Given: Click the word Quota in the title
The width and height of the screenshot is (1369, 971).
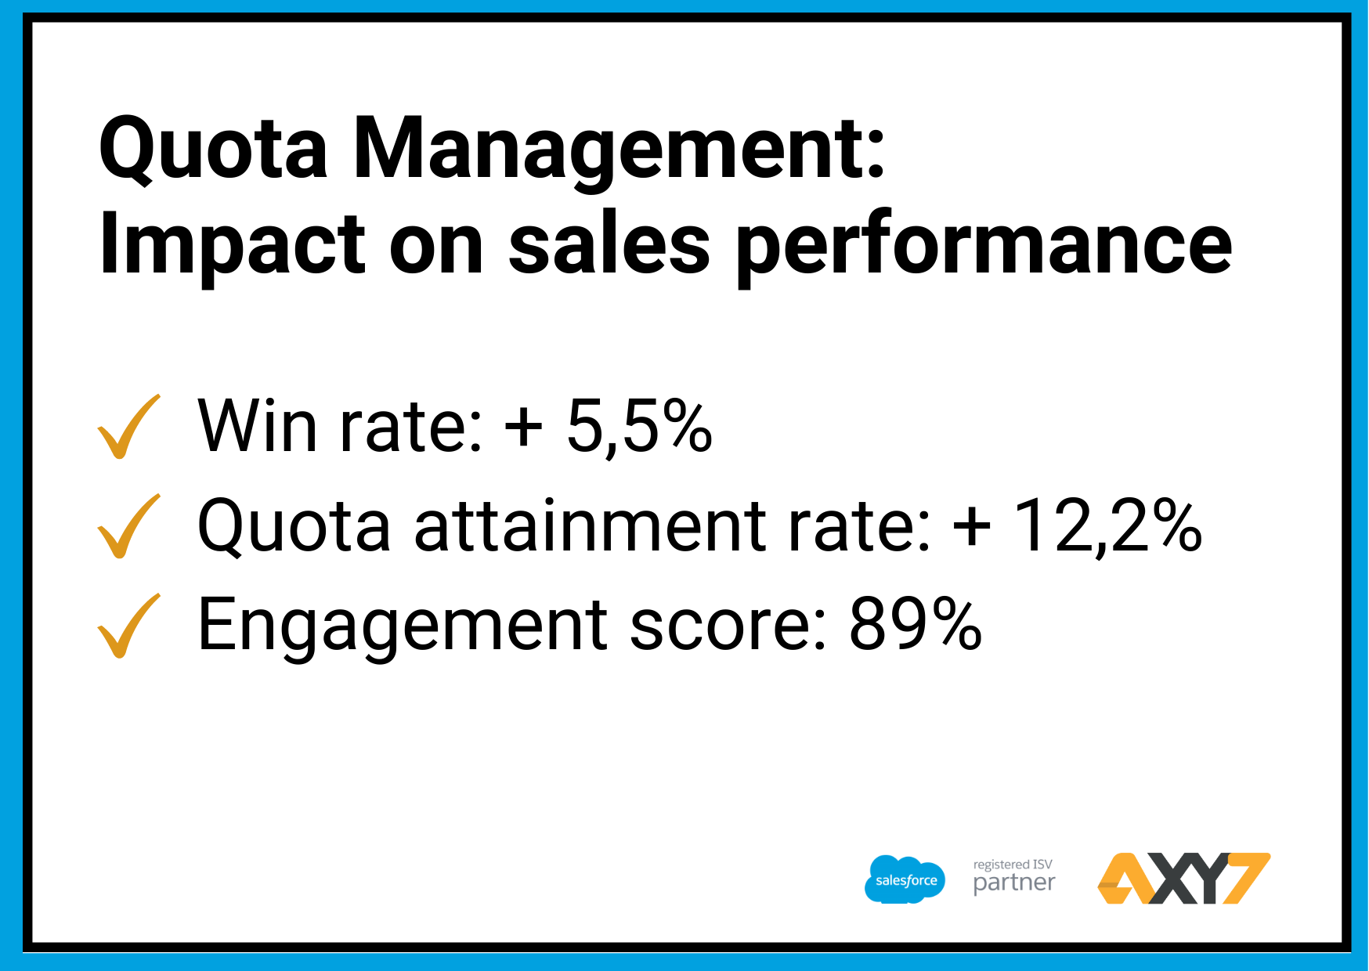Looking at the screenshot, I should pos(213,149).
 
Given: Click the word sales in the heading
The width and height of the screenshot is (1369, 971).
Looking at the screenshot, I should pos(609,244).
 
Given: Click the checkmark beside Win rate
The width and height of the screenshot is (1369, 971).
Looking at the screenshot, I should pos(128,427).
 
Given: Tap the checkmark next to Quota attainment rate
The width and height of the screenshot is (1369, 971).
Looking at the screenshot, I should pos(128,526).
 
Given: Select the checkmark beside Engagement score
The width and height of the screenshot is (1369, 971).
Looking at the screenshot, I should pos(128,626).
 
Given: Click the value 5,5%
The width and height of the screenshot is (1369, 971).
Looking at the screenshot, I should pos(639,427).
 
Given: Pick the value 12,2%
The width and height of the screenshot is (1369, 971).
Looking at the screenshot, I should pos(1107,526).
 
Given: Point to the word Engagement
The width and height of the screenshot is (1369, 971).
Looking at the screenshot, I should pos(403,626).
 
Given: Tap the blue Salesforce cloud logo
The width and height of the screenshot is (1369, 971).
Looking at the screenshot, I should pos(905,879).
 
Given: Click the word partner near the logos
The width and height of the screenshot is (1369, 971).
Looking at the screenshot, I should pos(1014,884).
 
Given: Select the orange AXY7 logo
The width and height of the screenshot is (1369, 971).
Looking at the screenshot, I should pos(1183,879).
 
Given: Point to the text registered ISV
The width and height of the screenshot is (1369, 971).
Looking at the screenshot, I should pos(1013,865).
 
